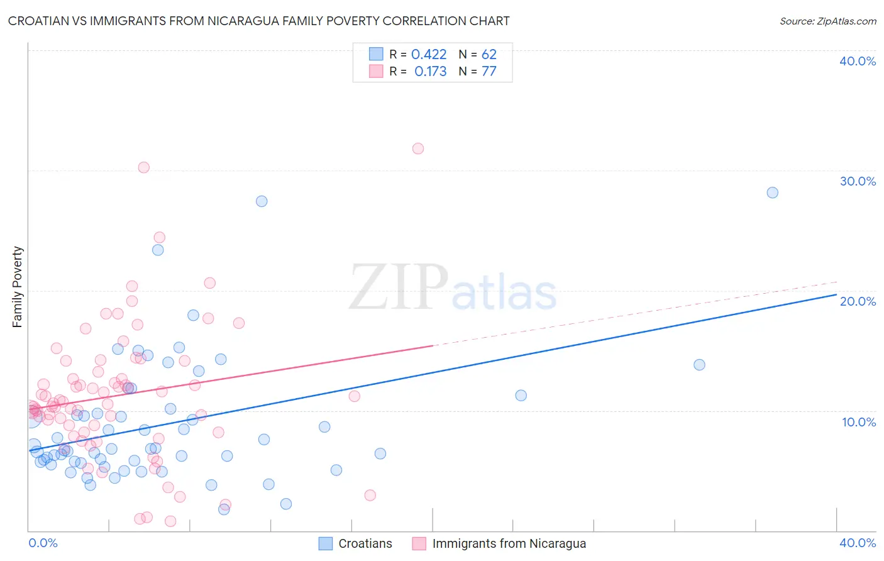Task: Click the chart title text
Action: pyautogui.click(x=258, y=21)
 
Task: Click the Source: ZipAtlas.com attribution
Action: pyautogui.click(x=827, y=21)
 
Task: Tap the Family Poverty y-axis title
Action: pyautogui.click(x=18, y=287)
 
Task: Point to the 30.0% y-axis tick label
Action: pyautogui.click(x=858, y=181)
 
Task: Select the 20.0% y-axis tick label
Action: pyautogui.click(x=858, y=301)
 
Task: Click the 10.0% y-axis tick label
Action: pyautogui.click(x=859, y=422)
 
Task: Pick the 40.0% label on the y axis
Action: pyautogui.click(x=858, y=61)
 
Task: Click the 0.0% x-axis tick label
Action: pyautogui.click(x=43, y=543)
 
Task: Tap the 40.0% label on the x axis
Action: pyautogui.click(x=858, y=543)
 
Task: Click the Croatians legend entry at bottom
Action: pyautogui.click(x=365, y=543)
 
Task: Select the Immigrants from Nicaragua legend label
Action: pyautogui.click(x=509, y=543)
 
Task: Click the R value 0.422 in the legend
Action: pyautogui.click(x=429, y=55)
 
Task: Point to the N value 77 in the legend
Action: pyautogui.click(x=489, y=72)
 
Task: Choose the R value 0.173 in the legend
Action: pyautogui.click(x=430, y=72)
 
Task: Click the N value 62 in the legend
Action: pyautogui.click(x=489, y=55)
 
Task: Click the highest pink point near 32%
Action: pyautogui.click(x=418, y=148)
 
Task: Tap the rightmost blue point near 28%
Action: pyautogui.click(x=773, y=192)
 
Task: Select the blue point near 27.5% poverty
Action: pyautogui.click(x=262, y=201)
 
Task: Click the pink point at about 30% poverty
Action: pyautogui.click(x=144, y=167)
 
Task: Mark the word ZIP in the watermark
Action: pyautogui.click(x=399, y=288)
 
